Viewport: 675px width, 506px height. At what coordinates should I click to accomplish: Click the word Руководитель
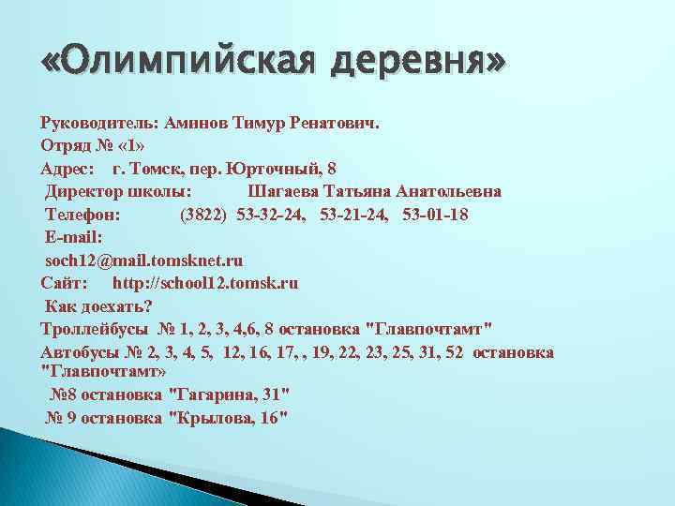point(99,123)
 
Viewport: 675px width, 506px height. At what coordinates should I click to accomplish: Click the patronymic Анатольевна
point(449,191)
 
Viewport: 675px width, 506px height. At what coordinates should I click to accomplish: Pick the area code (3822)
point(202,215)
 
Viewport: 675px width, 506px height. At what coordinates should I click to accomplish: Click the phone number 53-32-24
point(272,215)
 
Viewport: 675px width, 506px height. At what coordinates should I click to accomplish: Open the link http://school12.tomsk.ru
point(205,282)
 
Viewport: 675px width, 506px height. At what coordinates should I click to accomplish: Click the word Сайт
point(64,282)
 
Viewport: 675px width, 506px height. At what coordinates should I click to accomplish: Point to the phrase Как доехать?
point(98,305)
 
